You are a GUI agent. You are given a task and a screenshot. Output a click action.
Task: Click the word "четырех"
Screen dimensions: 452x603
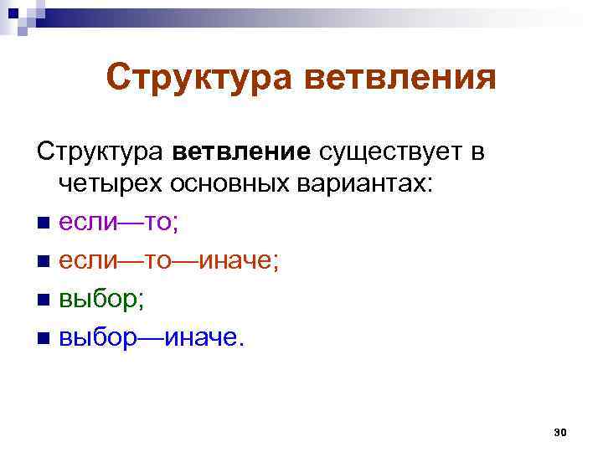[112, 186]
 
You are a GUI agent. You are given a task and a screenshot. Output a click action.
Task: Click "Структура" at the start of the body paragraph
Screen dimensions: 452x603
[101, 153]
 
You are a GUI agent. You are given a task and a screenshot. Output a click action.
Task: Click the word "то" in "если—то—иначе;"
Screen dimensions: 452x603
[157, 260]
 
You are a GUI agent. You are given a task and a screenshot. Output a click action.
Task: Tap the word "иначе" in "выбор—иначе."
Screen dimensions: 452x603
[204, 336]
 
